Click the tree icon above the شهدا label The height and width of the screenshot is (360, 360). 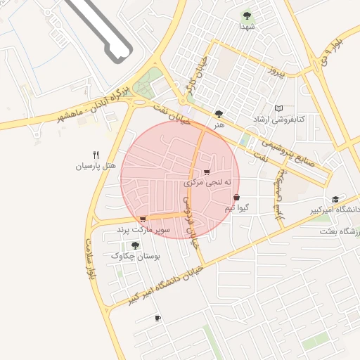click(x=246, y=15)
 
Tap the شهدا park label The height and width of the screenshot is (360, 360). click(x=246, y=26)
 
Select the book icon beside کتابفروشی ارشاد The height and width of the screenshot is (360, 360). click(x=279, y=108)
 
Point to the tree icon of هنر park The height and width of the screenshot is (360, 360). click(x=219, y=113)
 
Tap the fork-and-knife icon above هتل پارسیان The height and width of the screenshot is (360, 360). click(x=96, y=155)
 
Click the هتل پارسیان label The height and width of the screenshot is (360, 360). click(x=96, y=166)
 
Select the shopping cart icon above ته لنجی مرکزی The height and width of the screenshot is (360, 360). click(x=206, y=172)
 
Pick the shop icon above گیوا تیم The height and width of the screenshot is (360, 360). click(x=236, y=198)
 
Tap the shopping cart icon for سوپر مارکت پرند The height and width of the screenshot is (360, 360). click(x=143, y=219)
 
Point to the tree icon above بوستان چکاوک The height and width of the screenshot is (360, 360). click(x=135, y=245)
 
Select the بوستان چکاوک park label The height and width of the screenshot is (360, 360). click(x=136, y=257)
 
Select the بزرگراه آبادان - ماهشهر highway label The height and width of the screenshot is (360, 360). click(x=92, y=105)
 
